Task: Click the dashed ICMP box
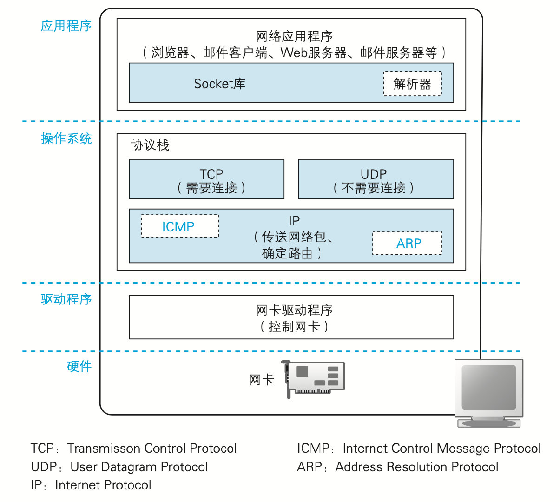[180, 226]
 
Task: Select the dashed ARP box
[407, 244]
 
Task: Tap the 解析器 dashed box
[412, 84]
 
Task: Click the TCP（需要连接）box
[206, 180]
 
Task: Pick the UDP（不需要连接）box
[375, 180]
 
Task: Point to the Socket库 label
[219, 84]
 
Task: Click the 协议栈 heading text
[150, 145]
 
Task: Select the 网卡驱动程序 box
[291, 317]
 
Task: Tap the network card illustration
[315, 379]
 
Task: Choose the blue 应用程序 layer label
[66, 26]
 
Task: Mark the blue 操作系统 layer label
[66, 139]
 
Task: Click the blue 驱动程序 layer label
[66, 299]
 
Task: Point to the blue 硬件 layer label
[79, 367]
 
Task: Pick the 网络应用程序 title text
[294, 36]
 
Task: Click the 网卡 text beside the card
[261, 380]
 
